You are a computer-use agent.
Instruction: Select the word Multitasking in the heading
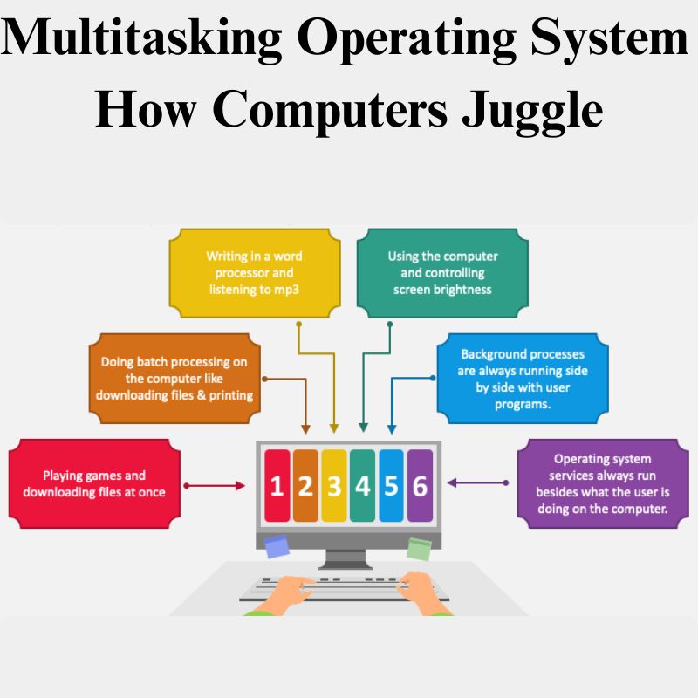click(141, 39)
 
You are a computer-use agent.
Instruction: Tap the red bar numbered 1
click(277, 486)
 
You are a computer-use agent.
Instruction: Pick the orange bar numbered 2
click(305, 486)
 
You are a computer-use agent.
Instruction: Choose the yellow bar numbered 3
click(334, 486)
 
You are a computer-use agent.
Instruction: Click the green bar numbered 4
click(362, 486)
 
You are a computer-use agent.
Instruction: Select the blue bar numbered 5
click(391, 486)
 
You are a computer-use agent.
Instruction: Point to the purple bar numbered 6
click(420, 486)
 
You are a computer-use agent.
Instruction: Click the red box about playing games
click(94, 483)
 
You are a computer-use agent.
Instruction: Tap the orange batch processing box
click(174, 378)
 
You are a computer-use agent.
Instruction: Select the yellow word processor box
click(255, 272)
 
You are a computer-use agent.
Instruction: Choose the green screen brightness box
click(442, 272)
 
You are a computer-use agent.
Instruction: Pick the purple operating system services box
click(603, 483)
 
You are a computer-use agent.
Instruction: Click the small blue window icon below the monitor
click(277, 546)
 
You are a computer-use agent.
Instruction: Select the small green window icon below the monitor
click(420, 548)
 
